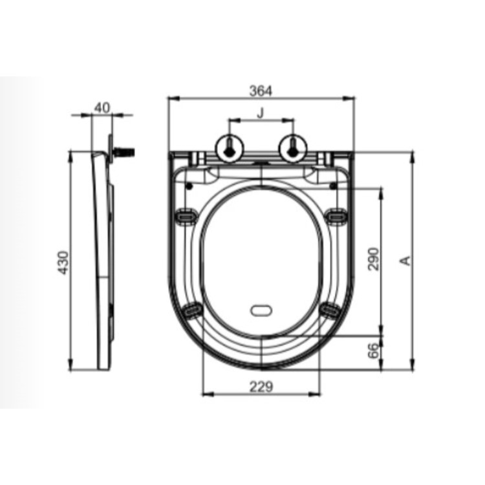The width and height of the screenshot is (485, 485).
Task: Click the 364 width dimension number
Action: (261, 91)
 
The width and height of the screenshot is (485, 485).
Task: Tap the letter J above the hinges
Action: (261, 113)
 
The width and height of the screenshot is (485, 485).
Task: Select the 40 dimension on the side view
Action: (102, 107)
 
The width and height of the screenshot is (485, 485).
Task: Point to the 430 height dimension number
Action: (63, 262)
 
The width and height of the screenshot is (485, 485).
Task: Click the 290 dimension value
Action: (374, 259)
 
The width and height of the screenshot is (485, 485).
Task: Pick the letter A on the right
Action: (405, 260)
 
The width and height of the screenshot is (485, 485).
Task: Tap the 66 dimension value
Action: (374, 351)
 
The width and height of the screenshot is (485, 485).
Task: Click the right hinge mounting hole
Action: (292, 147)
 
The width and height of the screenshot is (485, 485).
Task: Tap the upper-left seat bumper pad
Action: (186, 216)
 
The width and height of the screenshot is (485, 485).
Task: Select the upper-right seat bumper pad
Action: (335, 216)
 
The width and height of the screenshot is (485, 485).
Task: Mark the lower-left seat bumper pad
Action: (193, 311)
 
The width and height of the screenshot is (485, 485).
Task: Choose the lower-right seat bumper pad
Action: (329, 311)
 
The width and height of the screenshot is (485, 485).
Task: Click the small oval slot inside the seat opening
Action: (261, 310)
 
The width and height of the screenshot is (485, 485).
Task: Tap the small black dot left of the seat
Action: (188, 186)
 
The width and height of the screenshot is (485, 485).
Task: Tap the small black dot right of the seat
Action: (332, 186)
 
